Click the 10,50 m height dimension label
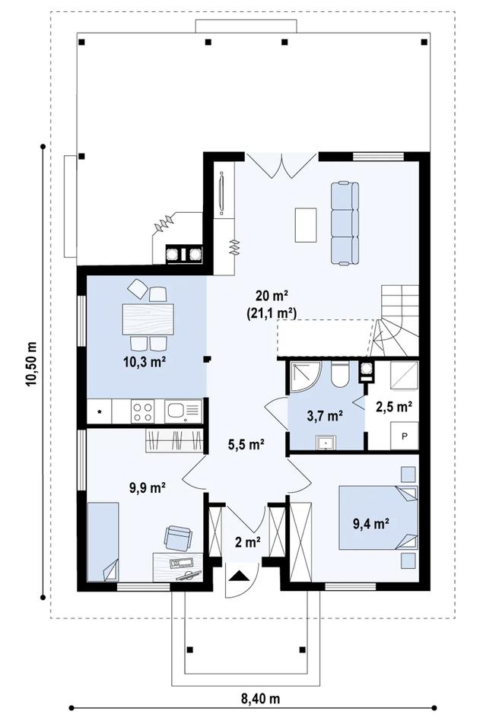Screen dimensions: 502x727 pyautogui.click(x=31, y=364)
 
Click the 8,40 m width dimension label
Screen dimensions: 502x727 pyautogui.click(x=260, y=698)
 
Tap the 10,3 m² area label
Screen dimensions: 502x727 pyautogui.click(x=145, y=362)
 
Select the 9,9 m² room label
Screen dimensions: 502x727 pyautogui.click(x=148, y=487)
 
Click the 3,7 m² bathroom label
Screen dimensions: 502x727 pyautogui.click(x=325, y=415)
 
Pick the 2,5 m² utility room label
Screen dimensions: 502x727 pyautogui.click(x=394, y=407)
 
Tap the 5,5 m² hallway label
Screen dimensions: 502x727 pyautogui.click(x=246, y=444)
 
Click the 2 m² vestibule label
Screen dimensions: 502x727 pyautogui.click(x=247, y=541)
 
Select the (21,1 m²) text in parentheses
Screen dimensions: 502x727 pyautogui.click(x=272, y=313)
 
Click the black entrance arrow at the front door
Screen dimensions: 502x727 pyautogui.click(x=240, y=576)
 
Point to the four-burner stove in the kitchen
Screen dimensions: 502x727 pyautogui.click(x=141, y=411)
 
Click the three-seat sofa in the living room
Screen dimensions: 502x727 pyautogui.click(x=345, y=224)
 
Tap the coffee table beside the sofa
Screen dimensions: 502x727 pyautogui.click(x=306, y=225)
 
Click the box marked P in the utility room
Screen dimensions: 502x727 pyautogui.click(x=404, y=436)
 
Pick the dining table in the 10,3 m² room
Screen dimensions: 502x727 pyautogui.click(x=148, y=319)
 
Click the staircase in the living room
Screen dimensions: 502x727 pyautogui.click(x=395, y=320)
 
